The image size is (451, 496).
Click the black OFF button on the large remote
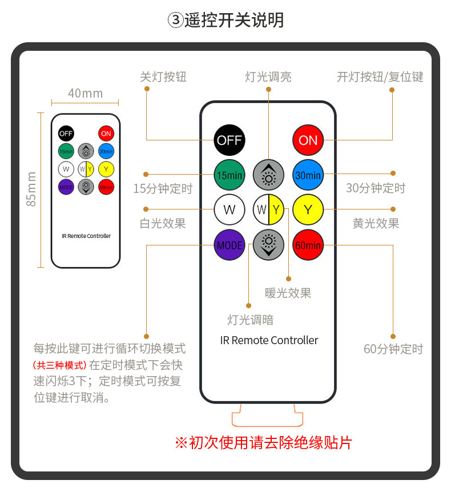coord(229,140)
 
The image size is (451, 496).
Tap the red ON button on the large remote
coord(308,140)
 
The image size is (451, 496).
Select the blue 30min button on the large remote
coord(308,175)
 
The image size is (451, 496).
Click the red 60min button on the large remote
coord(308,245)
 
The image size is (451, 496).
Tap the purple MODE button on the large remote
coord(229,245)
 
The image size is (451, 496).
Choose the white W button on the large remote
coord(229,209)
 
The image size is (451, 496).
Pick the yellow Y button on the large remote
coord(308,209)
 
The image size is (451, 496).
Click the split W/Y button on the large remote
coord(268,209)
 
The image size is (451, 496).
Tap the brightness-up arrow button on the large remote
coord(268,175)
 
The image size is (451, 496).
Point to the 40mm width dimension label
coord(85,93)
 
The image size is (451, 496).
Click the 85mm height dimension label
coord(31,189)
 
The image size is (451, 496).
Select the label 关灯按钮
coord(163,76)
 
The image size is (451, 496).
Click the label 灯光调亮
coord(268,76)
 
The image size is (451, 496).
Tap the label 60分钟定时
coord(393,349)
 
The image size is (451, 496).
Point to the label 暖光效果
coord(288,293)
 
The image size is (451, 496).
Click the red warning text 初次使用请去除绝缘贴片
coord(263,442)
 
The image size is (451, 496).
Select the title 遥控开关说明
coord(226,21)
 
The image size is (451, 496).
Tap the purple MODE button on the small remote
coord(66,186)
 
